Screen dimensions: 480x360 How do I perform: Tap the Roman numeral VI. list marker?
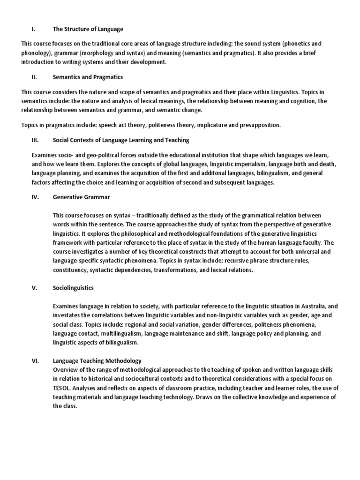pyautogui.click(x=36, y=360)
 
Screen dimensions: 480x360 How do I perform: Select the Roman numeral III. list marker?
pyautogui.click(x=36, y=140)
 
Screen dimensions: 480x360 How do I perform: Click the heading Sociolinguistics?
pyautogui.click(x=73, y=288)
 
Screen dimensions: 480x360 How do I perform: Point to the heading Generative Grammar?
pyautogui.click(x=82, y=197)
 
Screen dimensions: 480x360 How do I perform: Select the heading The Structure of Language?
pyautogui.click(x=88, y=29)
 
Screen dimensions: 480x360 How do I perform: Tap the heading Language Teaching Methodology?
pyautogui.click(x=97, y=360)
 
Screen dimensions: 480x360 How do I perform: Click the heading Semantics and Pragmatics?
pyautogui.click(x=88, y=77)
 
